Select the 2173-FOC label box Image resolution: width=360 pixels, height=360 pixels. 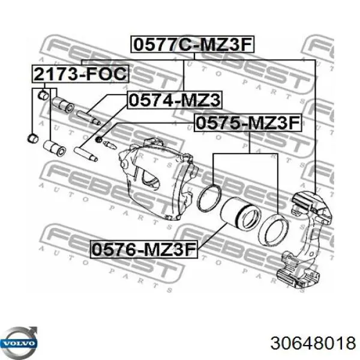[x=80, y=74]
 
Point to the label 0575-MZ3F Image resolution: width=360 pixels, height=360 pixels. [x=246, y=124]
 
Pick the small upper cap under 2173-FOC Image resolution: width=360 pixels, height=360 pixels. [x=43, y=94]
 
